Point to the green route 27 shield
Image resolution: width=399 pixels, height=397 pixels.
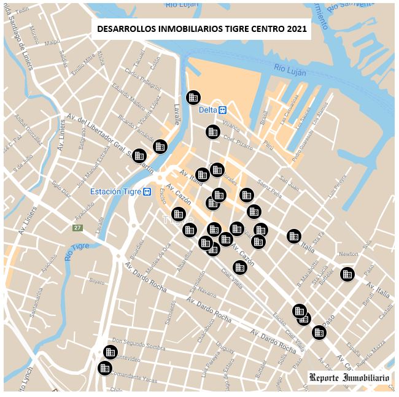pyautogui.click(x=77, y=228)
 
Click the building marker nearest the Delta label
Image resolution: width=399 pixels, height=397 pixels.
pyautogui.click(x=193, y=97)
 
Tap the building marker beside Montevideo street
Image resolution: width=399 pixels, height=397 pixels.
pyautogui.click(x=110, y=352)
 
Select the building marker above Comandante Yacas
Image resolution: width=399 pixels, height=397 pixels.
pyautogui.click(x=105, y=368)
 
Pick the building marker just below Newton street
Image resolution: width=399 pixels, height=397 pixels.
pyautogui.click(x=347, y=274)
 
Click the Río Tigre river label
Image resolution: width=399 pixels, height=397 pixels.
pyautogui.click(x=78, y=252)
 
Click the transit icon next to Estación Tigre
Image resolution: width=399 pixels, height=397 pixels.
pyautogui.click(x=147, y=192)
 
